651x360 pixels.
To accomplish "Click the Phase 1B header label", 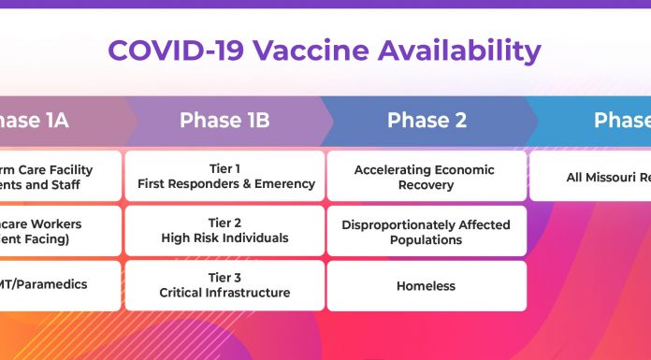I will point(224,121).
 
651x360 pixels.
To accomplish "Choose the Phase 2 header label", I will point(427,121).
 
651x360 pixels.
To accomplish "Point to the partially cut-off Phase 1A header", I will point(33,121).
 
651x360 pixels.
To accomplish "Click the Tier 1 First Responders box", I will point(225,176).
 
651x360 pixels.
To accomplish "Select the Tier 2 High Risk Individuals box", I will point(225,231).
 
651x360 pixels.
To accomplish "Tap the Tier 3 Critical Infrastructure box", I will point(225,285).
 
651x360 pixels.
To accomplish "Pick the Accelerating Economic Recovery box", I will point(427,177).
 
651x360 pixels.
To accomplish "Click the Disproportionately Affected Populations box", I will point(427,232).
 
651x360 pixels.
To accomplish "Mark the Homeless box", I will point(427,285).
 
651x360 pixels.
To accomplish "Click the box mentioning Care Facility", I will point(58,176).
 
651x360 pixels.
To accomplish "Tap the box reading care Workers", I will point(58,231).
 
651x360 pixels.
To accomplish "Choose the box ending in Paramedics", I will point(58,285).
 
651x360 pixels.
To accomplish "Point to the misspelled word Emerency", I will point(282,184).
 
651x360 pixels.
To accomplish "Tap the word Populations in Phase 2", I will point(426,240).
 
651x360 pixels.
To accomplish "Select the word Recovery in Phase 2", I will point(426,185).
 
